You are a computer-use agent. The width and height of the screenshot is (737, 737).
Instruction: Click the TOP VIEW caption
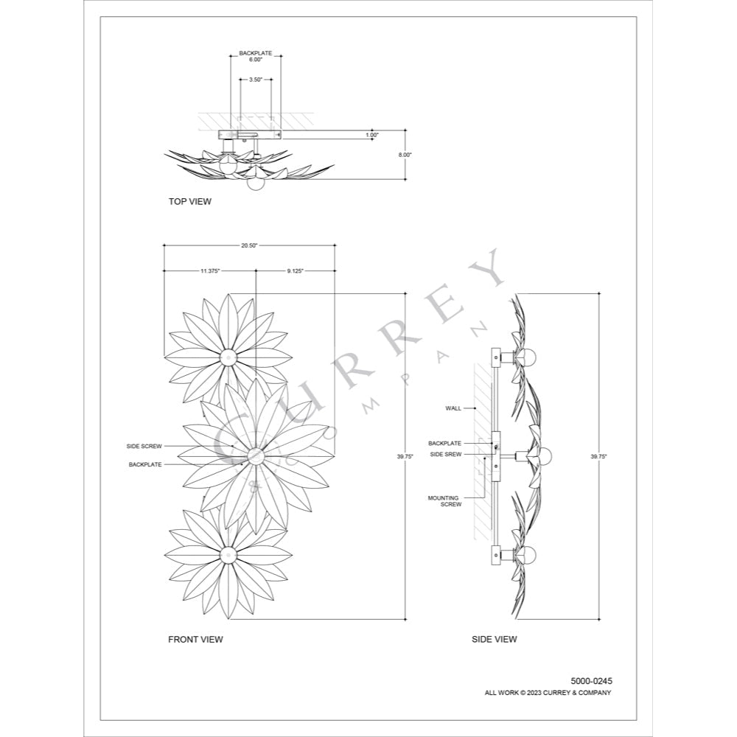pos(189,200)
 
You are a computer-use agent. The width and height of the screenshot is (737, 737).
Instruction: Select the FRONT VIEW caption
pos(195,639)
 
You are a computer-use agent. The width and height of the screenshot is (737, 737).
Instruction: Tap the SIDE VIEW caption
pos(494,639)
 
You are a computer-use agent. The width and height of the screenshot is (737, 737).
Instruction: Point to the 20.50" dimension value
pos(249,245)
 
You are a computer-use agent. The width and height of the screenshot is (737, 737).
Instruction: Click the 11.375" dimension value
pos(209,270)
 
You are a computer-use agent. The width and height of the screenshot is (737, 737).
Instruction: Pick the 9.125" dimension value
pos(295,270)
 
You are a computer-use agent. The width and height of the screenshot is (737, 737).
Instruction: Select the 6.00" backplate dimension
pos(256,60)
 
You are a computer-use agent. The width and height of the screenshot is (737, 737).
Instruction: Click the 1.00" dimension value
pos(372,135)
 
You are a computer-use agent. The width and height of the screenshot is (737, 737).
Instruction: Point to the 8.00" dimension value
pos(405,155)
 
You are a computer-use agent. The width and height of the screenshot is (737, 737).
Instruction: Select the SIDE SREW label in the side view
pos(445,455)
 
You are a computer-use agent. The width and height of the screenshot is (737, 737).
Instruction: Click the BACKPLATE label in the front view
pos(144,464)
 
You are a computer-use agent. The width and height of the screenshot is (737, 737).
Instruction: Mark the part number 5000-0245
pos(591,681)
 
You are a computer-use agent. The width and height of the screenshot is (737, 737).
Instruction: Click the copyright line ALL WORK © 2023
pos(548,693)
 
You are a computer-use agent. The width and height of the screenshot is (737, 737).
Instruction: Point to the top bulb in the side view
pos(528,357)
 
